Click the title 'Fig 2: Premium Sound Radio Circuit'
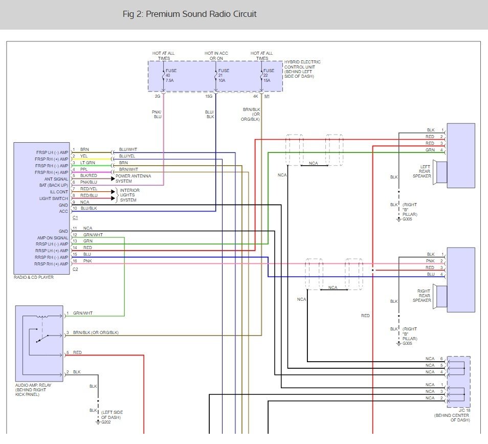tap(189, 14)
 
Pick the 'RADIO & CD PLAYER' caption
tap(34, 277)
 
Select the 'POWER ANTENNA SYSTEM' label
tap(134, 178)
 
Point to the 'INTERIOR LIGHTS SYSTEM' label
tap(130, 195)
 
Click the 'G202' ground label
tap(105, 423)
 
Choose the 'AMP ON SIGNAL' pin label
tap(52, 238)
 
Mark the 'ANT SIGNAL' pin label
tap(56, 179)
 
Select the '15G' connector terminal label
tap(209, 96)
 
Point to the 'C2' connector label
tap(75, 269)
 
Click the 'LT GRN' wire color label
tap(87, 163)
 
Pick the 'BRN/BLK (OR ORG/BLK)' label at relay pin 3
tap(96, 332)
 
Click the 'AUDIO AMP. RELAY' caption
tap(33, 385)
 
